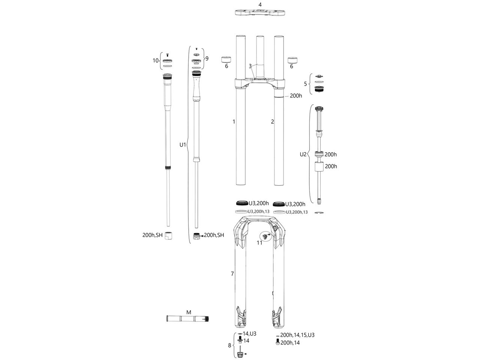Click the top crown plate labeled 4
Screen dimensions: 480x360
(260, 13)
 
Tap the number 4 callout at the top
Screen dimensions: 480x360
(260, 4)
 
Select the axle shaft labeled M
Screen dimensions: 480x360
(187, 319)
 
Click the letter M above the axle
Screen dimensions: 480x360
(189, 312)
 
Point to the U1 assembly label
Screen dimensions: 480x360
(183, 145)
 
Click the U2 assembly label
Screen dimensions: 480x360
(303, 154)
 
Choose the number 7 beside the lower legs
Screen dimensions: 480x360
(232, 274)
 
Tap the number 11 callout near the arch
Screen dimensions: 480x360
(259, 243)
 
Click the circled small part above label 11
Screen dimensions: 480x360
(265, 236)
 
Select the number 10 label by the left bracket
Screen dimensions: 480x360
(156, 60)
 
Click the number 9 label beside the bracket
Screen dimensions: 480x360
(207, 58)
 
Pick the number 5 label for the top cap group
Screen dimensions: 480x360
(306, 84)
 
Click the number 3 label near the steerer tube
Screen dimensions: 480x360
(250, 66)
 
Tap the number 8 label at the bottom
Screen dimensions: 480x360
(229, 345)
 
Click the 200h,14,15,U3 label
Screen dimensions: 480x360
(297, 335)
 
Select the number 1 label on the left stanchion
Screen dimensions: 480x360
(234, 122)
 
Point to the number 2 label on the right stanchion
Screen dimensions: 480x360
(272, 122)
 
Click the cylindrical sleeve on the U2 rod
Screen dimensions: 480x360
(319, 167)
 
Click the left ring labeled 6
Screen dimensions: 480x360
(226, 60)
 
